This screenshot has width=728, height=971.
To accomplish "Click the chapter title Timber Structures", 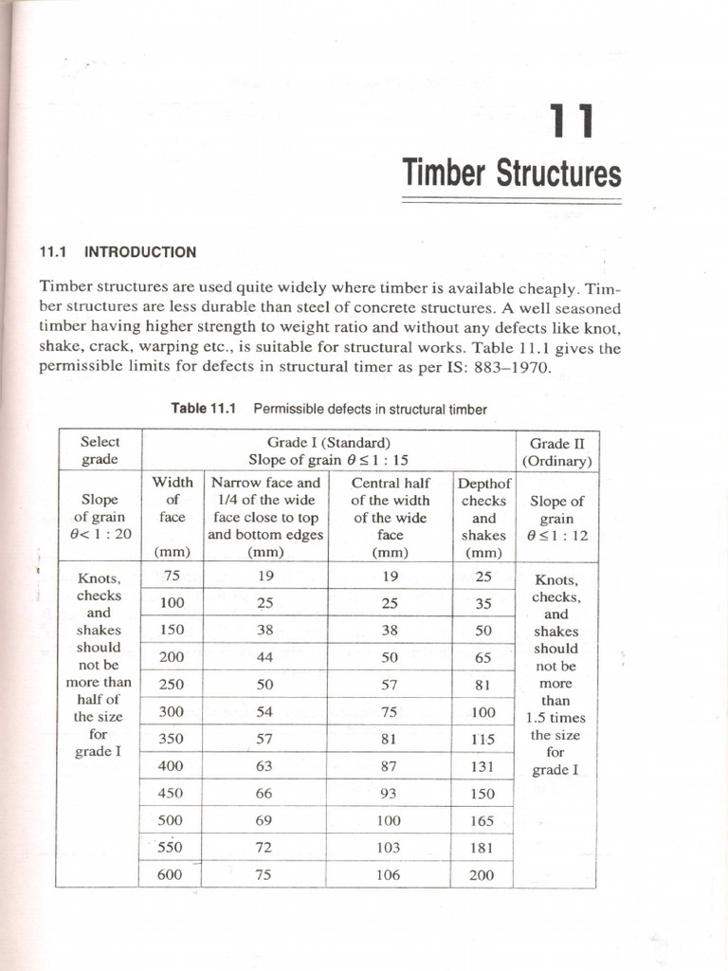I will (x=511, y=174).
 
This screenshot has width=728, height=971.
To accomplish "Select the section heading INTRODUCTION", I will (x=140, y=252).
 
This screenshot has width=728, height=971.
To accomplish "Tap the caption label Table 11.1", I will (x=202, y=409).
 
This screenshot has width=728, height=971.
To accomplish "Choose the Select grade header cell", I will (x=100, y=450).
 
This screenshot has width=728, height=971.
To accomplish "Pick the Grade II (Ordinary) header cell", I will (x=556, y=451).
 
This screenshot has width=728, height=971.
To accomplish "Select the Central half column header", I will (x=390, y=517).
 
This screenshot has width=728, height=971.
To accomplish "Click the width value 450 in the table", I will (x=170, y=793).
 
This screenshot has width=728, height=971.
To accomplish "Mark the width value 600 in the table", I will (x=170, y=875).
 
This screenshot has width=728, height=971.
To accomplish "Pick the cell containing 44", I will (x=264, y=656).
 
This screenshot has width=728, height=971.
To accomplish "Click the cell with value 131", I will (x=482, y=766).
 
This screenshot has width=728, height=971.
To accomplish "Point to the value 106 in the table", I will (x=388, y=875).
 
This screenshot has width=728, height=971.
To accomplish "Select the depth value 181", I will (x=482, y=848).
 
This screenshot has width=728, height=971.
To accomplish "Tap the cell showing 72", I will (x=264, y=848).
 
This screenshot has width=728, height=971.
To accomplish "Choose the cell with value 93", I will (x=388, y=793).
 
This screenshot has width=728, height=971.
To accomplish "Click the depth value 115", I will (x=482, y=739).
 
